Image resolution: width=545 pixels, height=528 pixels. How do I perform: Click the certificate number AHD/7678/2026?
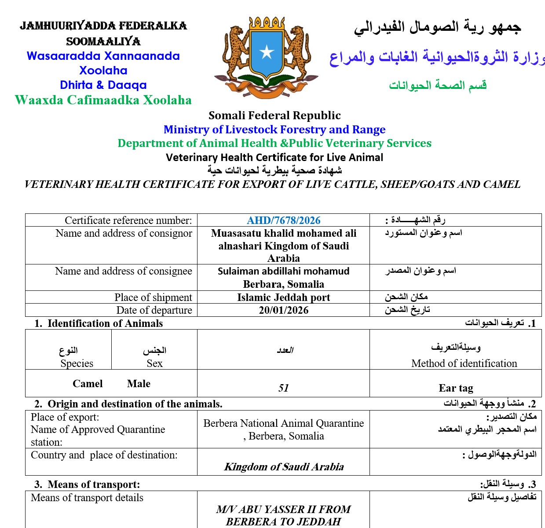[283, 220]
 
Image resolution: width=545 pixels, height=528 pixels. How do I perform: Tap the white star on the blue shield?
[267, 52]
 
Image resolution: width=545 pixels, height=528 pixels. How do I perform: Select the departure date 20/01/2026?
[283, 310]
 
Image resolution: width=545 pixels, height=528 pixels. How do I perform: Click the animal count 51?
[283, 388]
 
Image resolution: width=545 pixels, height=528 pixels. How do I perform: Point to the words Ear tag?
[456, 388]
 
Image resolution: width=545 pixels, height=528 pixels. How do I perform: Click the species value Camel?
[88, 384]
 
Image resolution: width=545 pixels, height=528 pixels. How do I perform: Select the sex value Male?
[139, 384]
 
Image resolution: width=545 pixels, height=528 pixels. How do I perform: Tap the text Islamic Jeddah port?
[283, 297]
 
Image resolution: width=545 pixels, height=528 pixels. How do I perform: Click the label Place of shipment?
[153, 297]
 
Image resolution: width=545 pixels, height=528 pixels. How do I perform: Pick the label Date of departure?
[154, 310]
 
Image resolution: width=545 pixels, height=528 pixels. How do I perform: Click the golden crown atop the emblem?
[267, 23]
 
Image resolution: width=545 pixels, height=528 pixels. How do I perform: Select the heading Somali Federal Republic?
[274, 115]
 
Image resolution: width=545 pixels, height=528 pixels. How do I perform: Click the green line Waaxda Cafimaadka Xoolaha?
[103, 100]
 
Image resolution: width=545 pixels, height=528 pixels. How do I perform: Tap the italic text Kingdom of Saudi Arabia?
[284, 467]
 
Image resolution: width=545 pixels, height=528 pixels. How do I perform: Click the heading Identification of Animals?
[105, 323]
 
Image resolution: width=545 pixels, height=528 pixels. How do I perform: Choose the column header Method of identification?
[464, 363]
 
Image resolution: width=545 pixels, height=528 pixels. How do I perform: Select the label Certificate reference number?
[128, 220]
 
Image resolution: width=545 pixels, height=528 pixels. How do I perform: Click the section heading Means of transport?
[94, 484]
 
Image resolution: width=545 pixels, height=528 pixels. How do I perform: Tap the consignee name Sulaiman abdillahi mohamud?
[283, 271]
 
